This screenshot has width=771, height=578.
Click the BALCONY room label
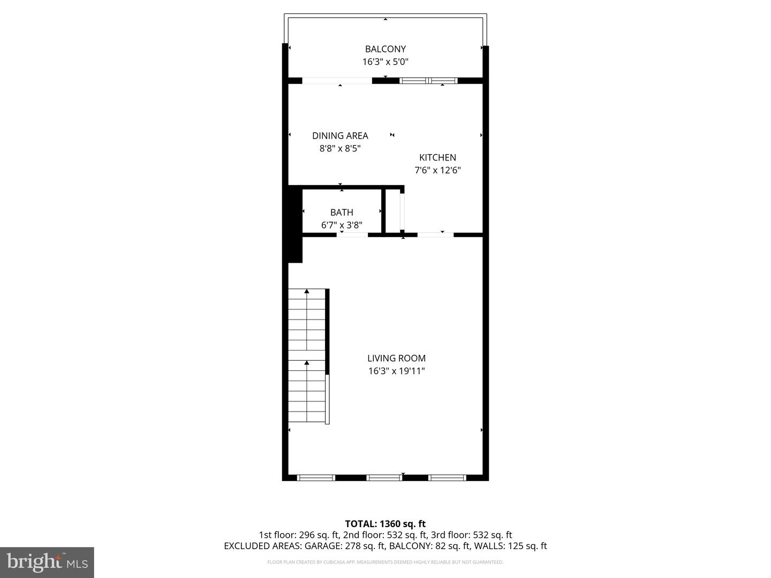[x=385, y=49]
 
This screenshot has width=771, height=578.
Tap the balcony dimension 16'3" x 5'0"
[x=385, y=62]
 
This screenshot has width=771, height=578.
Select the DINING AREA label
[x=340, y=135]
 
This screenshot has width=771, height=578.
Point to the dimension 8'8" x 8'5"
[x=340, y=148]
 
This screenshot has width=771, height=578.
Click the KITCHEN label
[x=437, y=157]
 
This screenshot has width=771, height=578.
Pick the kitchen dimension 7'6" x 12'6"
[x=437, y=170]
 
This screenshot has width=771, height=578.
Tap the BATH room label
[x=342, y=212]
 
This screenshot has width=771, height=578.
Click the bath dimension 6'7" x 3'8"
[x=342, y=225]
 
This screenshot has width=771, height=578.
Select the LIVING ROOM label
[x=396, y=358]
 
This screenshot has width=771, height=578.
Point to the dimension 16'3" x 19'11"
[x=396, y=371]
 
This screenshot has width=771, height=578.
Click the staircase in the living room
[x=307, y=356]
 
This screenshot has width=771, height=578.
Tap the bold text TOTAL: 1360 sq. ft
[x=385, y=523]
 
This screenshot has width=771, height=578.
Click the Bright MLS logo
[x=47, y=562]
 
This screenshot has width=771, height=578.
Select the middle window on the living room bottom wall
[x=384, y=477]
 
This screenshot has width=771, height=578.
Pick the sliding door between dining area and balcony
[x=337, y=81]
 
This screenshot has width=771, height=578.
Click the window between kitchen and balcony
[x=428, y=81]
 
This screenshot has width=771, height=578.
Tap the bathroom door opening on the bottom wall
[x=352, y=234]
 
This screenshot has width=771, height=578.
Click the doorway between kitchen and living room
[x=435, y=234]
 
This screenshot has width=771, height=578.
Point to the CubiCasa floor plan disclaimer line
[x=385, y=562]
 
